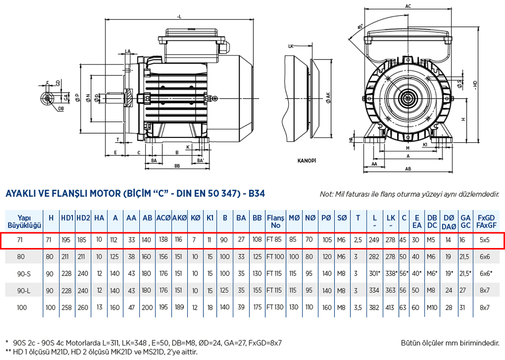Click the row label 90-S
click(24, 273)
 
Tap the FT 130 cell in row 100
click(275, 307)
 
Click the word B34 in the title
click(257, 194)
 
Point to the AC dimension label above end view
click(408, 6)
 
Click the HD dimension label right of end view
click(475, 85)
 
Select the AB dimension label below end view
click(408, 169)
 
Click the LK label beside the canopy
click(291, 46)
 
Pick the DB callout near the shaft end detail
click(61, 109)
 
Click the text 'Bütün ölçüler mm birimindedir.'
click(450, 343)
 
